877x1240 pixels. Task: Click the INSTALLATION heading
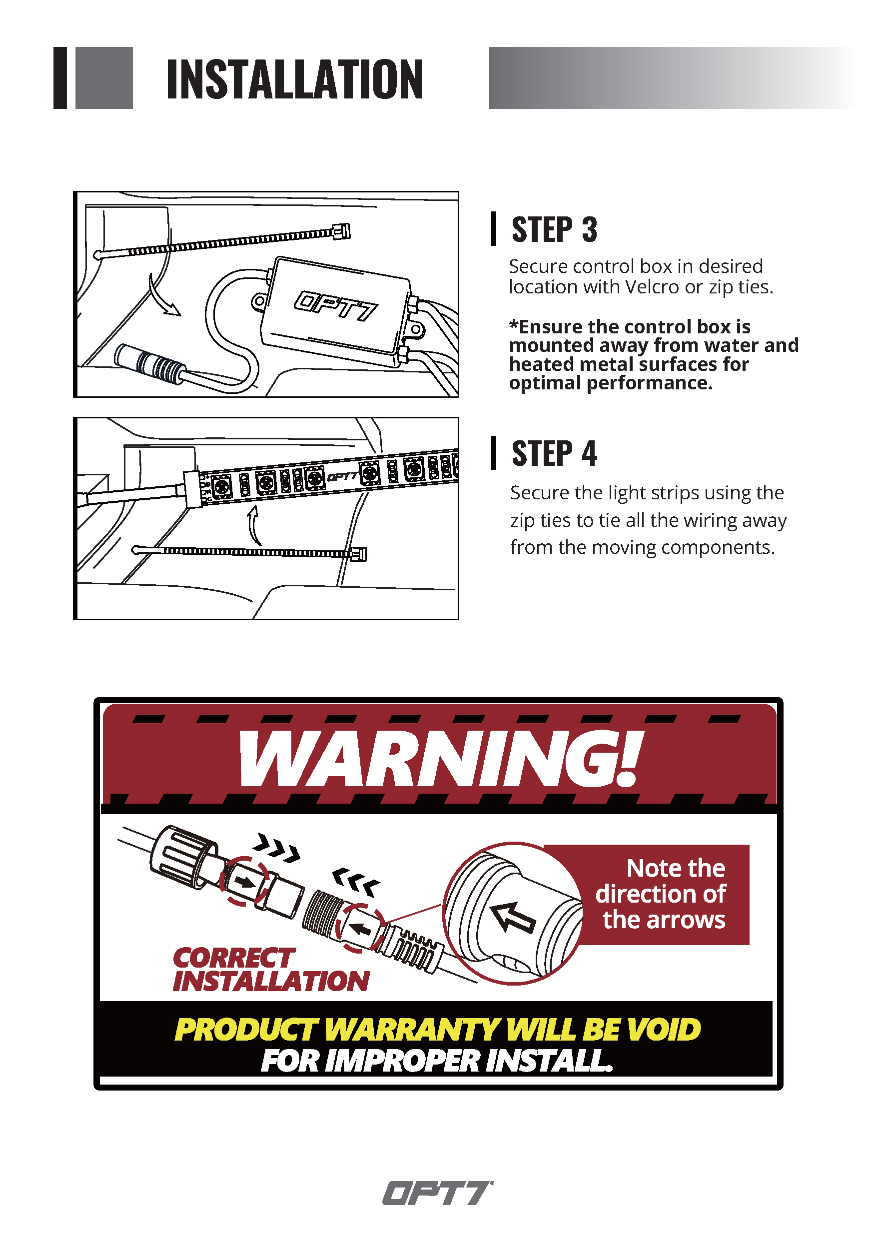294,79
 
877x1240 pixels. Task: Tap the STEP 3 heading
554,229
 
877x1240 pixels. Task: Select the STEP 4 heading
554,453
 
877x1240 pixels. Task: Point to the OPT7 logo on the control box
335,306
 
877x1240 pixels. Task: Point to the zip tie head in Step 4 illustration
359,554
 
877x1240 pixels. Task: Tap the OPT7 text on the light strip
342,476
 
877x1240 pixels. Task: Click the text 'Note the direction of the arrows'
661,894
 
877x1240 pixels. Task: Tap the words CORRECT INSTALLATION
271,970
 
